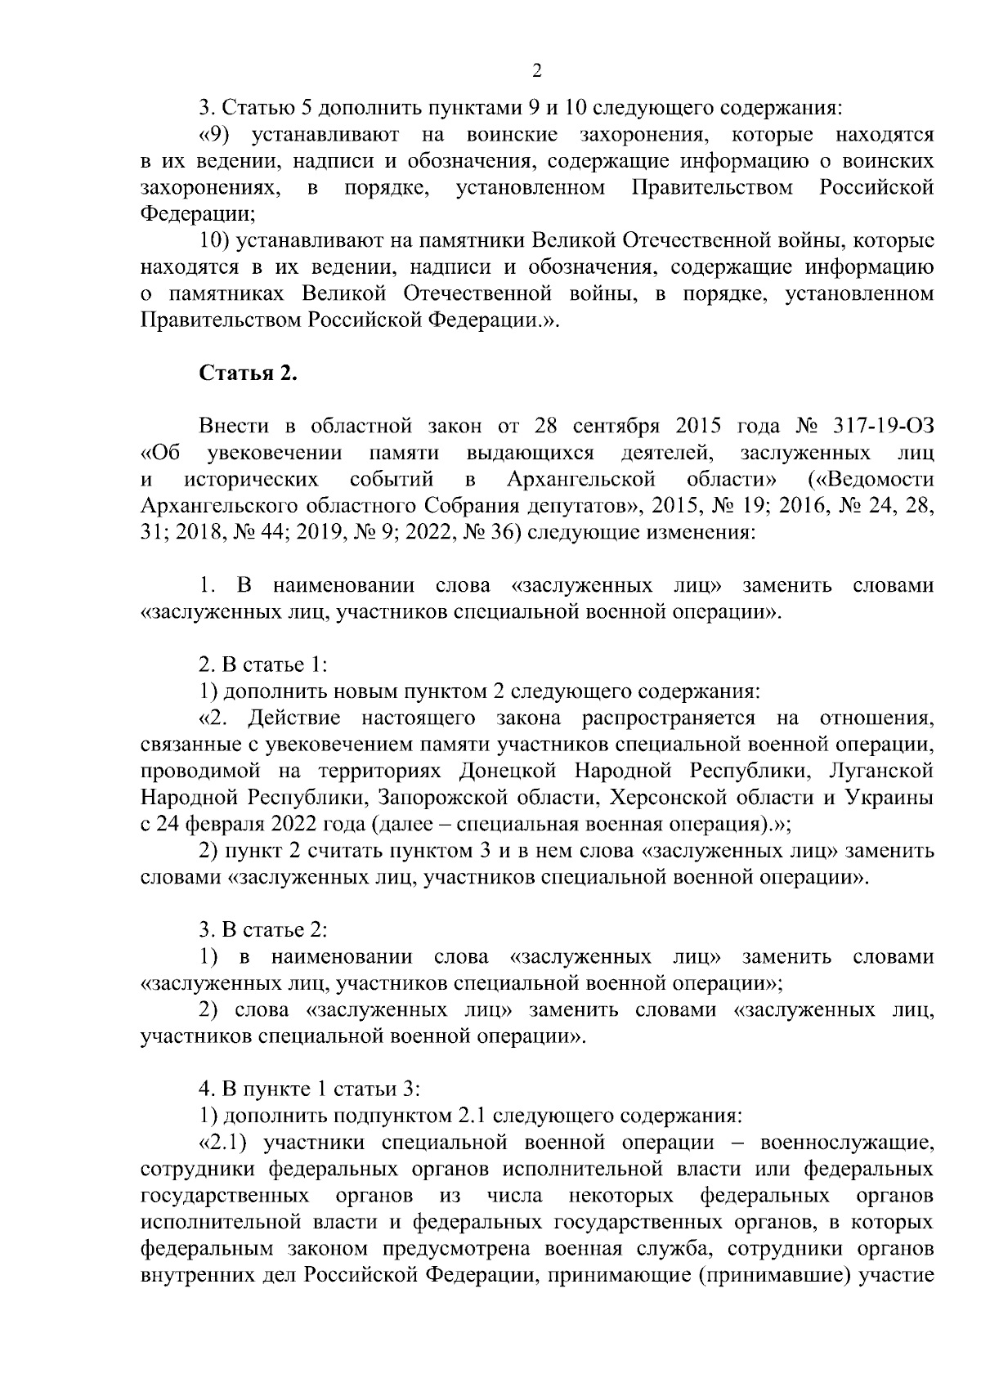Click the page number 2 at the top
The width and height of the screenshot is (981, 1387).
(537, 70)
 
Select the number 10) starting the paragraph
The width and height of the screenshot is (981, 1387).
(214, 241)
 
